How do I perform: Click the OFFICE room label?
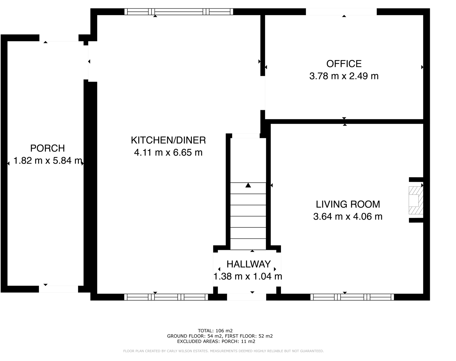(344, 64)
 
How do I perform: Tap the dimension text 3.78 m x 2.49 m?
(344, 76)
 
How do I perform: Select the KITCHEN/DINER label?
(168, 140)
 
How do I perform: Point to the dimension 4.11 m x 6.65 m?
(168, 153)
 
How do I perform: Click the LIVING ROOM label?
(348, 204)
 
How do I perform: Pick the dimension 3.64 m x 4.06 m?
(348, 217)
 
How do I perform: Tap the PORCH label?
(47, 148)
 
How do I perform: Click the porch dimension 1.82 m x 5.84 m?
(48, 161)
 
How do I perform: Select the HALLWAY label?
(248, 264)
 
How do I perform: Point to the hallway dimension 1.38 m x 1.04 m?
(248, 276)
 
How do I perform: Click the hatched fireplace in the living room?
(416, 200)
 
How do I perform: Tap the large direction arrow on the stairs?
(248, 185)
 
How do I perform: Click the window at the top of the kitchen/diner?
(179, 12)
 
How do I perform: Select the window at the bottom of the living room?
(352, 297)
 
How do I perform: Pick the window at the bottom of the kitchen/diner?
(166, 297)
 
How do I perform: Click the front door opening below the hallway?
(246, 297)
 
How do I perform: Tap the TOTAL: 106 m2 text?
(215, 330)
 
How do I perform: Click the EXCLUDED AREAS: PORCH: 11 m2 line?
(216, 341)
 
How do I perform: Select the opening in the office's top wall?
(341, 12)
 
